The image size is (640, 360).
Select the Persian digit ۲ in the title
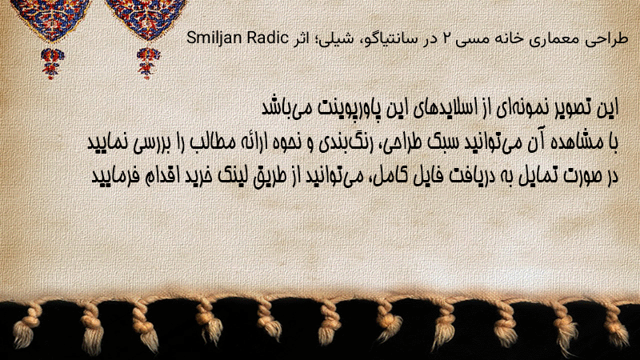coord(435,39)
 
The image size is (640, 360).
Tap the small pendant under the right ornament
coord(148,63)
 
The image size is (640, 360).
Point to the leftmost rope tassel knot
coord(26,326)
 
